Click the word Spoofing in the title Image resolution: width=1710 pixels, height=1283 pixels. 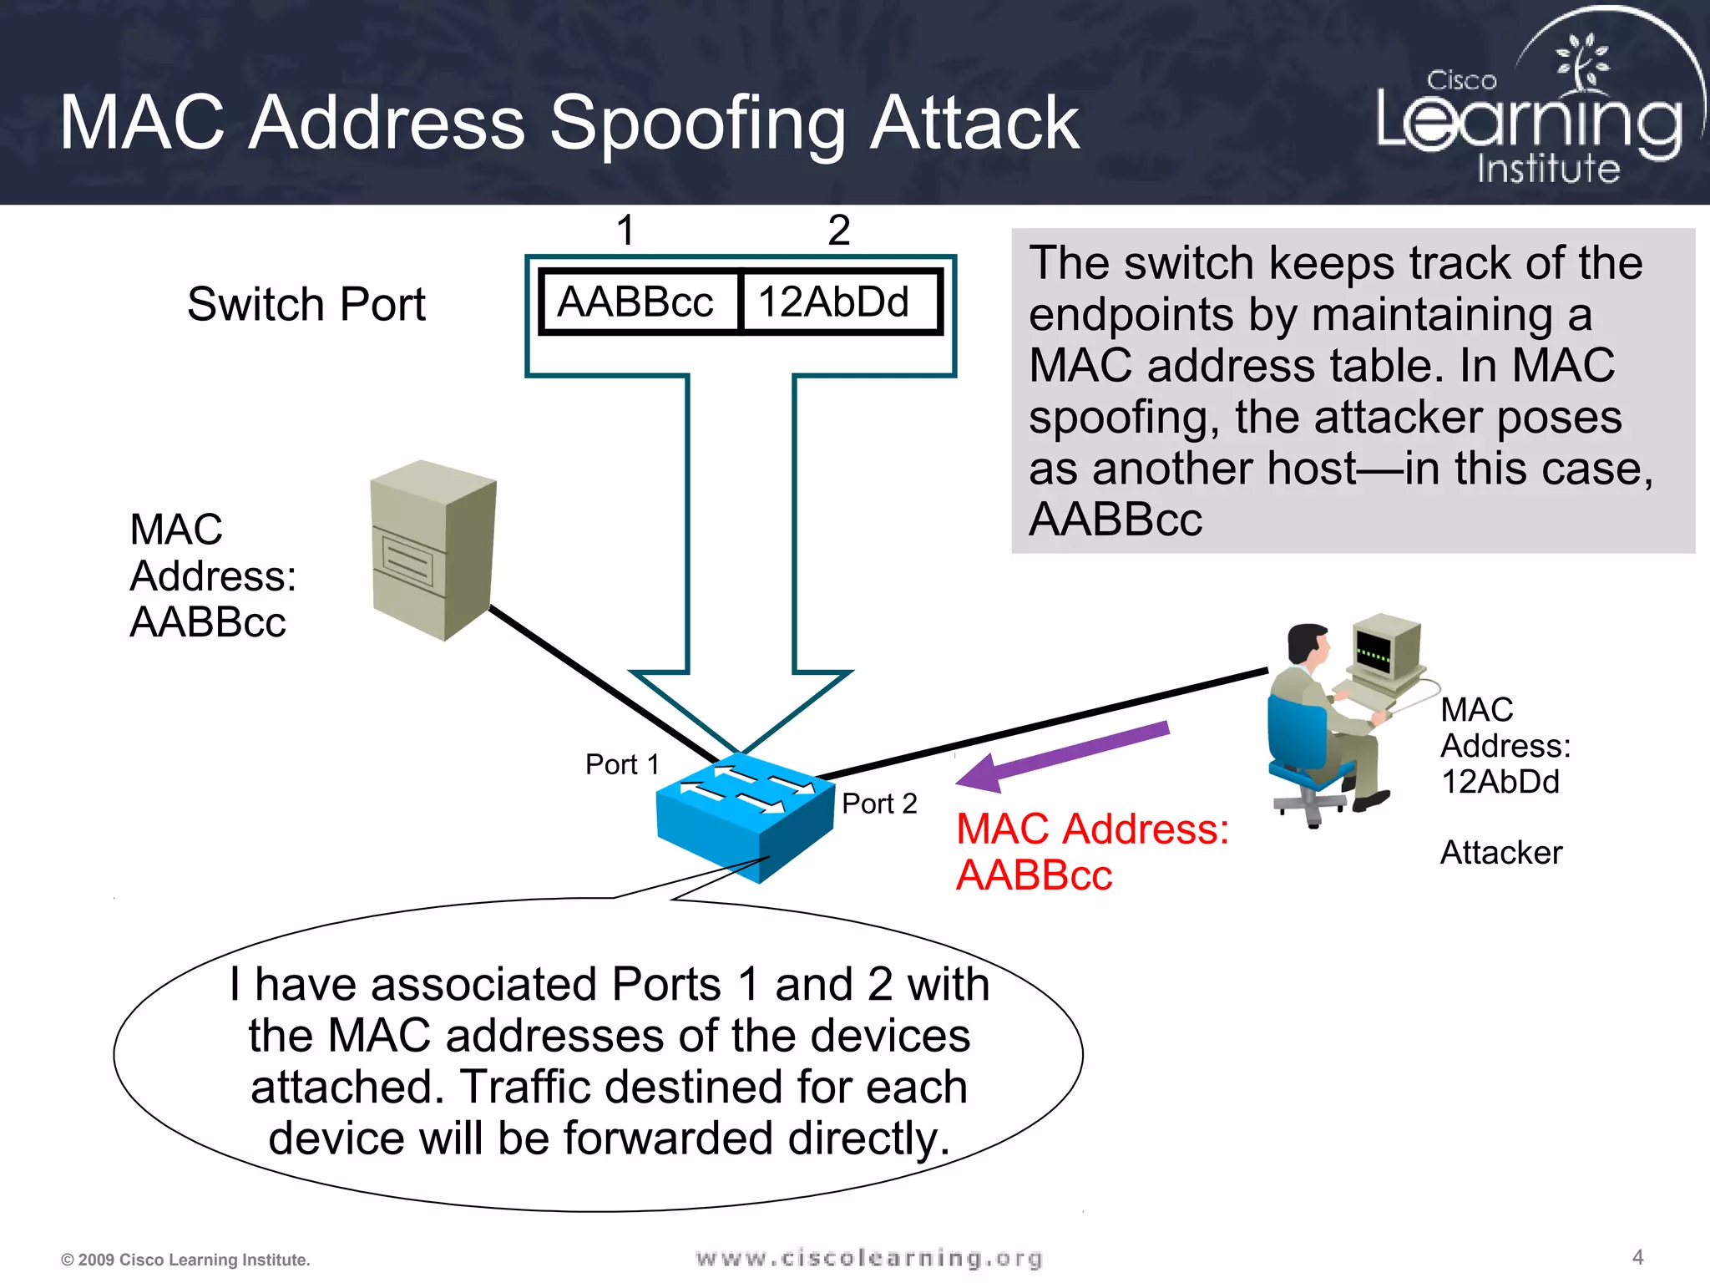click(x=697, y=124)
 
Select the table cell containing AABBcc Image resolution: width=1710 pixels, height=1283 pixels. click(x=637, y=302)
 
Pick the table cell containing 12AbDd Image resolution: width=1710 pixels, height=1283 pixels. click(x=835, y=302)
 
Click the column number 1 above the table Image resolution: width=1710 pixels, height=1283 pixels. click(x=625, y=230)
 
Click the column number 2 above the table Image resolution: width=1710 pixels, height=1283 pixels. click(x=838, y=230)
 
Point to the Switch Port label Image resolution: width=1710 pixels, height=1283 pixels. click(x=306, y=304)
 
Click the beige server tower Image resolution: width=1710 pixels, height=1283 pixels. click(x=433, y=550)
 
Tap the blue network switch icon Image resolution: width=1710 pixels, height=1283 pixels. click(x=743, y=819)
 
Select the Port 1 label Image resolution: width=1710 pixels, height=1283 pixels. click(x=622, y=764)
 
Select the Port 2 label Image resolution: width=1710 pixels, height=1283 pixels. click(x=879, y=804)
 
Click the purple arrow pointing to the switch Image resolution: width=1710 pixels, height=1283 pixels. click(x=1065, y=756)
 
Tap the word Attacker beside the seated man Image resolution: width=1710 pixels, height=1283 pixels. click(x=1500, y=853)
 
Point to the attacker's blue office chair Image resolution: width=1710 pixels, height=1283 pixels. click(x=1303, y=752)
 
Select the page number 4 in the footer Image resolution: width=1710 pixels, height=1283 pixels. click(x=1637, y=1257)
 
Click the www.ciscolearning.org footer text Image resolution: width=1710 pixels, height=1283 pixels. click(x=868, y=1258)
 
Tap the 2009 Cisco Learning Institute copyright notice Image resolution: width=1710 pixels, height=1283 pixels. click(x=185, y=1260)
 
